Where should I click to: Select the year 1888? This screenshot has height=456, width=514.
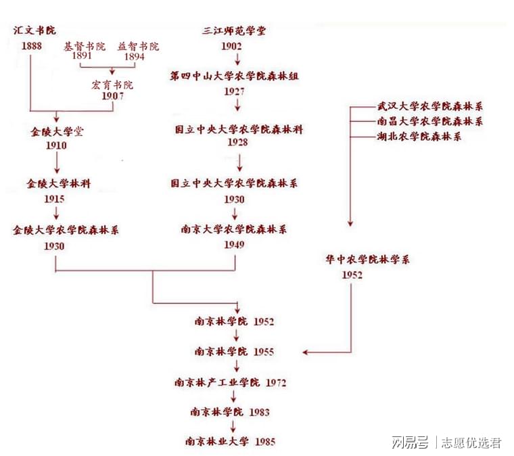coord(32,46)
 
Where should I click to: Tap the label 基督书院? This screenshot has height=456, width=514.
coord(85,47)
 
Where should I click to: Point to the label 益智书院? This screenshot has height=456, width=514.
coord(138,47)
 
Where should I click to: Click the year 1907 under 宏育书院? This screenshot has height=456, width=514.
coord(112,96)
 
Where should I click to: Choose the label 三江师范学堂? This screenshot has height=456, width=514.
coord(233,31)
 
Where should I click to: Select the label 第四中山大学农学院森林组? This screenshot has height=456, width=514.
coord(234,76)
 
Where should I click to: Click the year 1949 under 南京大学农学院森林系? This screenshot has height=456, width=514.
coord(234,244)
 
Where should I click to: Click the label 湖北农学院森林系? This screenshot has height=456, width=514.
coord(419,137)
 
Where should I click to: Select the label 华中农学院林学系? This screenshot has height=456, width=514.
coord(368,259)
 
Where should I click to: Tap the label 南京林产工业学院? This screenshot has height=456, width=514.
coord(216,383)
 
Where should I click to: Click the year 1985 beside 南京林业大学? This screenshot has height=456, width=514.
coord(265,442)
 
